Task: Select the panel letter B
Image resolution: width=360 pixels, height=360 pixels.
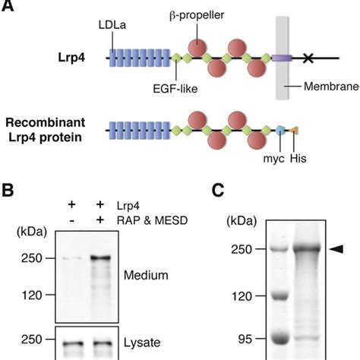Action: pyautogui.click(x=9, y=190)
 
